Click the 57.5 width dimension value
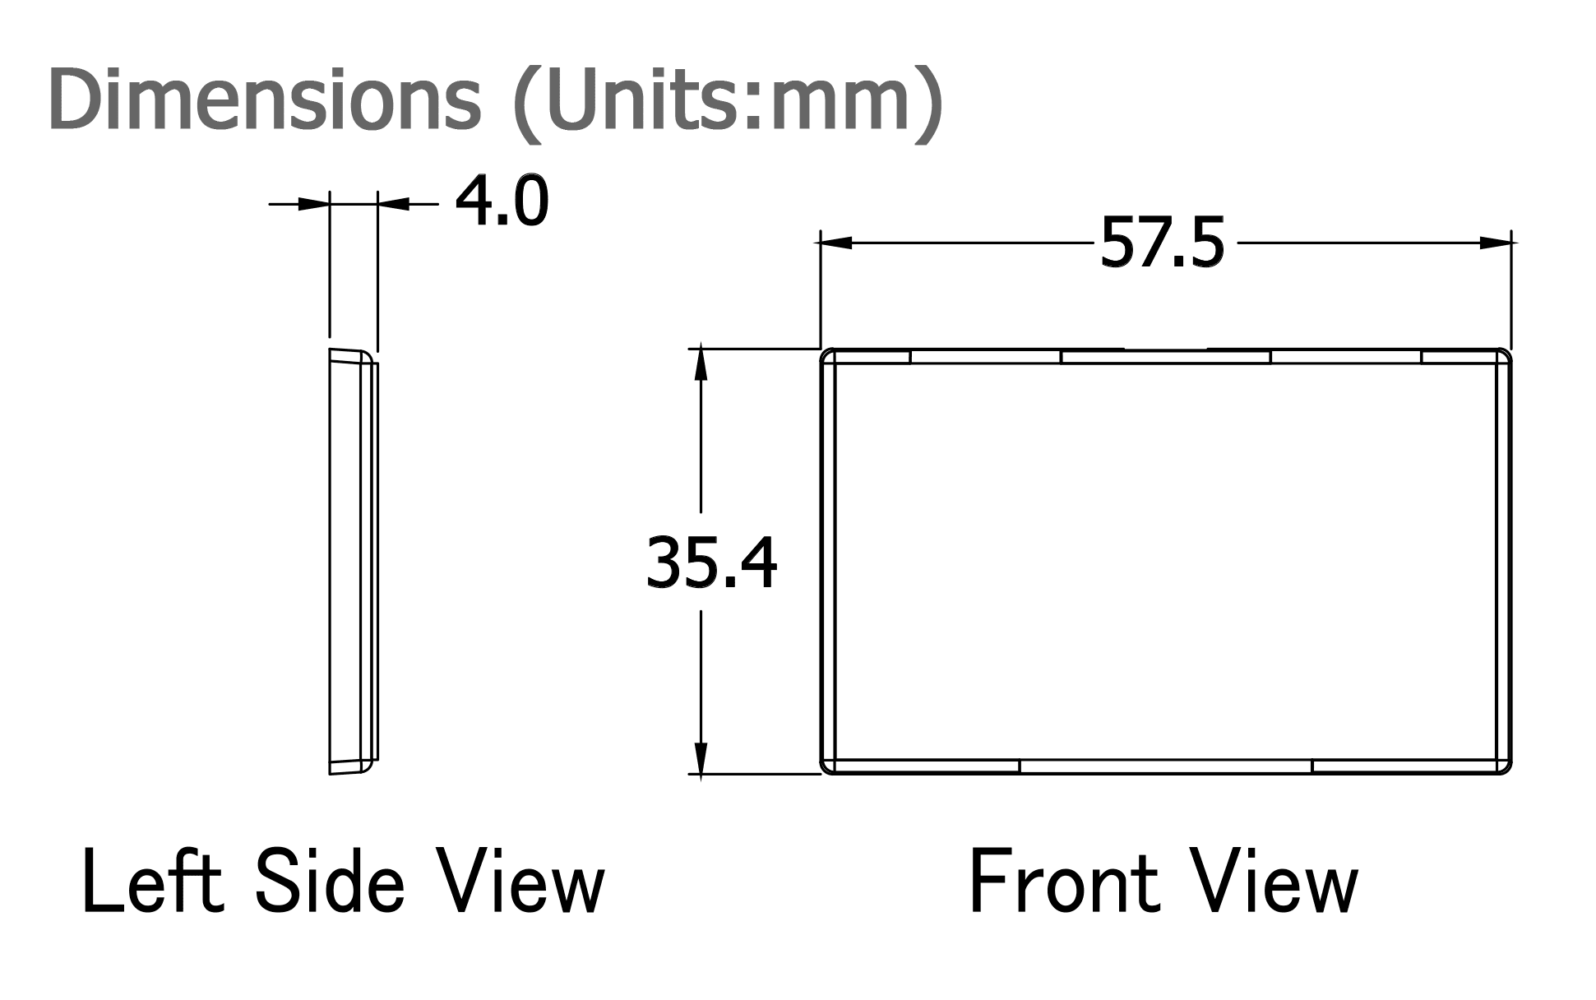click(1162, 242)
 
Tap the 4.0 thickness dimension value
click(502, 201)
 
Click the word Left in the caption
click(153, 881)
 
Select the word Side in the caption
click(330, 881)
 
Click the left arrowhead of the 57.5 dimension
click(835, 243)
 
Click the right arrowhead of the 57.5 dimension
click(1496, 243)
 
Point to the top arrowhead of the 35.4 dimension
click(701, 364)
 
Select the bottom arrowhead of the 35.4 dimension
click(701, 758)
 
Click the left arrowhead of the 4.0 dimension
click(313, 203)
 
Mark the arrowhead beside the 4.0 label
click(394, 203)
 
